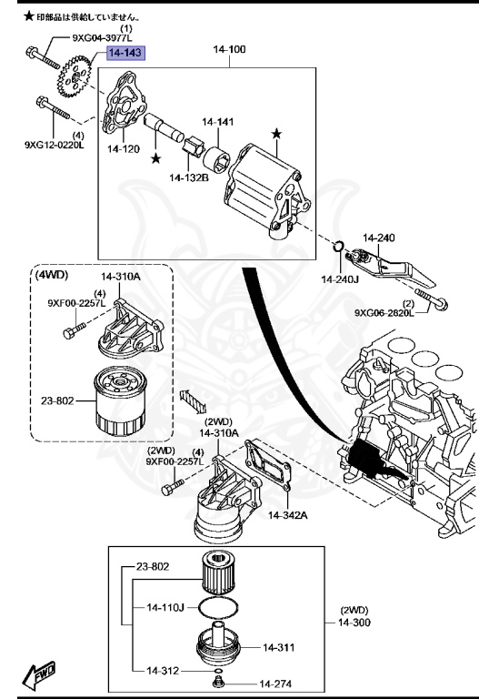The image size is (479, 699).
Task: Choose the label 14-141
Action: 217,121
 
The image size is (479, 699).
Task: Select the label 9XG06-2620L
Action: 384,313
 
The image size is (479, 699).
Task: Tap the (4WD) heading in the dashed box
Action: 52,274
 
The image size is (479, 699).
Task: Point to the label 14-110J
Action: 165,605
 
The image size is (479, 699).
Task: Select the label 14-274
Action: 276,683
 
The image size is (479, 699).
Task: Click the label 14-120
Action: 123,147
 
